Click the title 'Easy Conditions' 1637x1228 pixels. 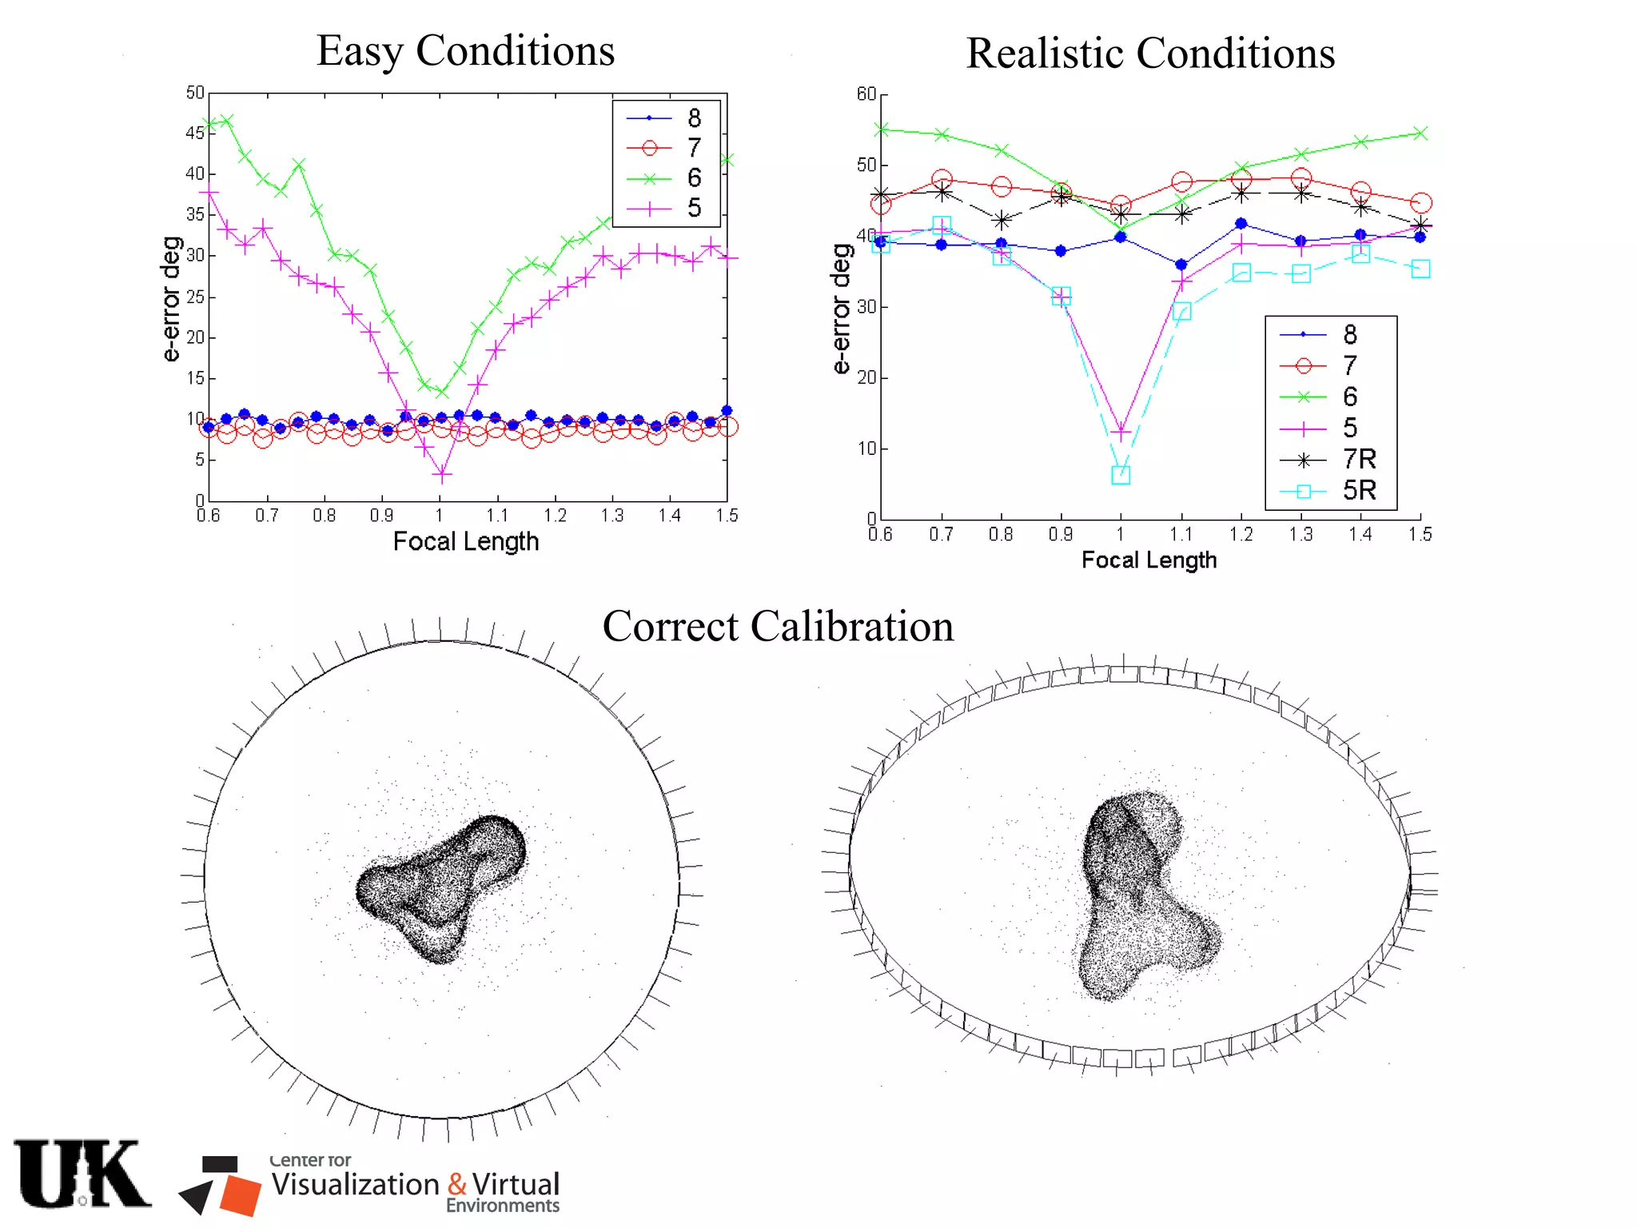coord(465,51)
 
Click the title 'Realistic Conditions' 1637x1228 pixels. coord(1150,54)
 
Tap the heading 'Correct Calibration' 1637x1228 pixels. coord(778,626)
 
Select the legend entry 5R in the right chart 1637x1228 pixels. coord(1359,490)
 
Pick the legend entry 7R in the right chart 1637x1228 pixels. coord(1359,459)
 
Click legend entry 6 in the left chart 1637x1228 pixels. coord(694,177)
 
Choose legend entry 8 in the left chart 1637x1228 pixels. coord(694,118)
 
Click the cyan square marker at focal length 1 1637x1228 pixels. coord(1121,475)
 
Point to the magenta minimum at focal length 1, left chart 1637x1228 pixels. coord(442,475)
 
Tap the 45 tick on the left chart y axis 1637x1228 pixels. coord(195,133)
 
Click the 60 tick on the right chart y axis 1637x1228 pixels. coord(866,94)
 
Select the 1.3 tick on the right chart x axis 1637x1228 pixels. coord(1300,534)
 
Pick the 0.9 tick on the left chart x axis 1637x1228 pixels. coord(382,516)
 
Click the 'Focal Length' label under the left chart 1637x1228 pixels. coord(466,542)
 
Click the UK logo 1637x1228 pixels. coord(82,1174)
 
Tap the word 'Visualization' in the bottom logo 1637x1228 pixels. coord(355,1184)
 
